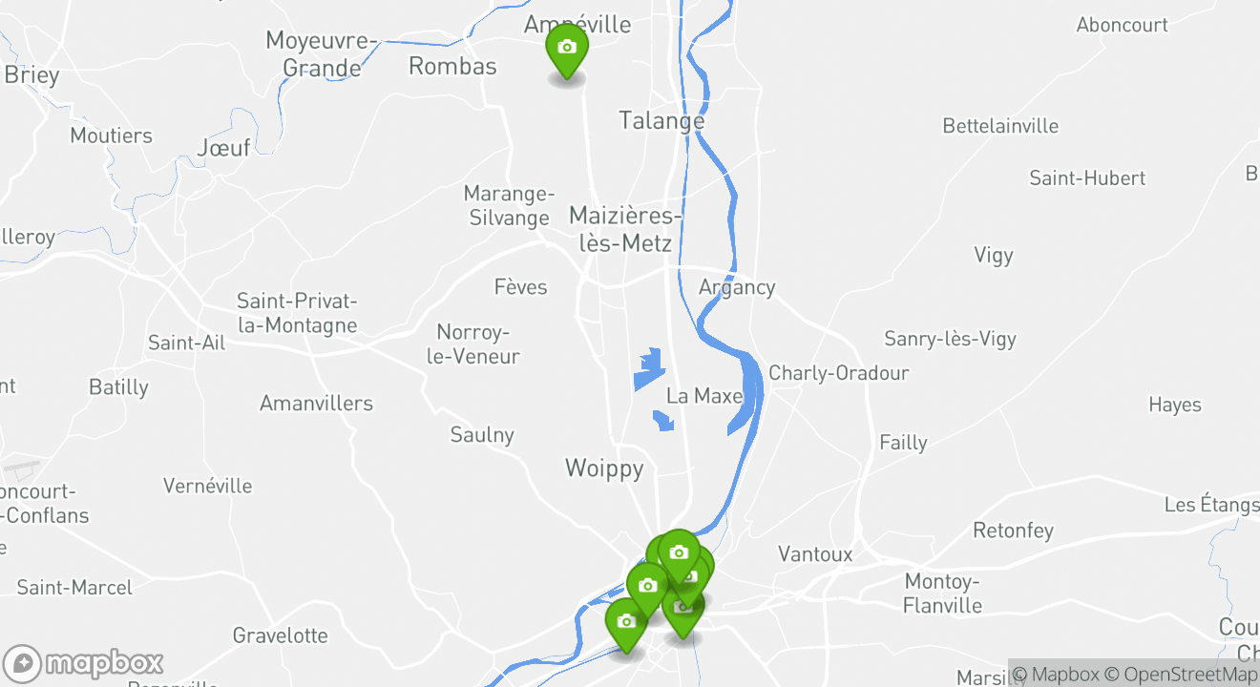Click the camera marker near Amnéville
566,49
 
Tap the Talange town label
661,121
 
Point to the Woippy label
604,468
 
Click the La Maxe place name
704,396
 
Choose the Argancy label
737,287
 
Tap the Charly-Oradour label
839,373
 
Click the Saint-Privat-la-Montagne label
297,314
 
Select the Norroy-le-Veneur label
478,344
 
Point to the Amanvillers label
316,404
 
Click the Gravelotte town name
280,635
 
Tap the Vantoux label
815,554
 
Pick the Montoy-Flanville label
942,593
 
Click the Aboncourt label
1122,26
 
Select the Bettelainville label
1000,126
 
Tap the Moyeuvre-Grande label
323,54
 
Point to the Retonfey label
1013,531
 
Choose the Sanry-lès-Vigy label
950,339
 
